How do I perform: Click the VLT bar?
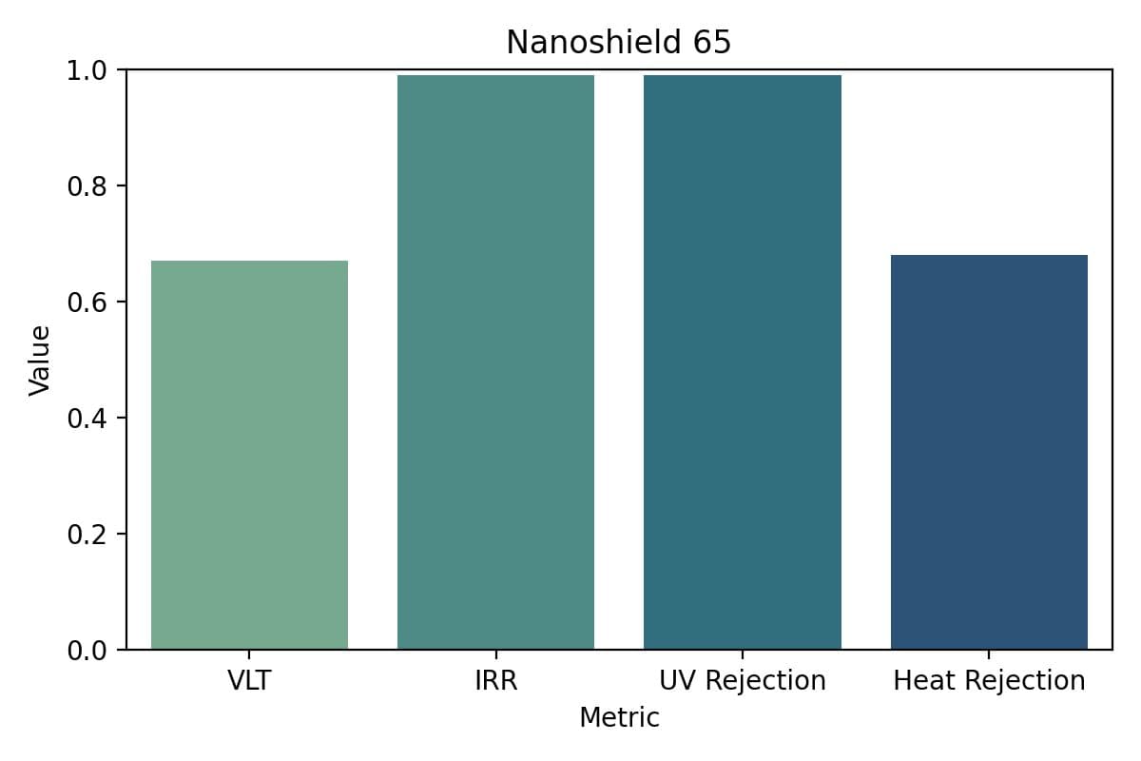pos(249,455)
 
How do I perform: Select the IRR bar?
pos(495,362)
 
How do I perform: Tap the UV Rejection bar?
pos(742,362)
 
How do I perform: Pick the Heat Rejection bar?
pos(989,452)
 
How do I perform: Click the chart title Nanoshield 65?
pos(618,43)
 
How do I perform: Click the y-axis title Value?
pos(39,360)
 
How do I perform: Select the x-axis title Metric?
pos(619,717)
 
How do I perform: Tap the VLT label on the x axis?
pos(249,681)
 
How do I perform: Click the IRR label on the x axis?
pos(495,681)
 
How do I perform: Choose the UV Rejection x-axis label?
pos(742,681)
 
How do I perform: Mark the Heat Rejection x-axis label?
pos(989,681)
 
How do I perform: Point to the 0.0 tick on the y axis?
pos(88,650)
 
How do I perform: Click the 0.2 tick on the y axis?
pos(88,534)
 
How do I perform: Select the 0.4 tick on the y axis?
pos(88,418)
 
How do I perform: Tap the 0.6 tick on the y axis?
pos(88,302)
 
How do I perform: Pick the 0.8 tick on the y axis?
pos(88,185)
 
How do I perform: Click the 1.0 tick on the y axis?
pos(88,69)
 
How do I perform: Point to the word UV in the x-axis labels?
pos(675,681)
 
